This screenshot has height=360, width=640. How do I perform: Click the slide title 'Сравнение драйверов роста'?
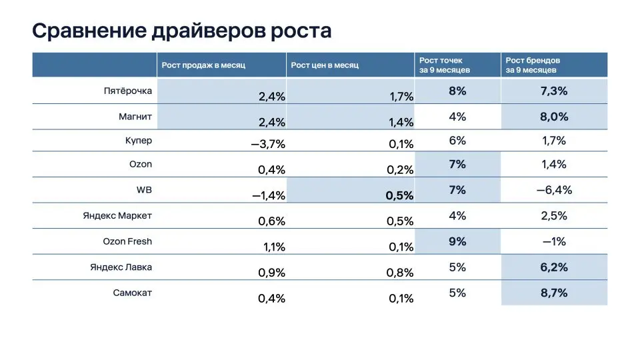tap(181, 31)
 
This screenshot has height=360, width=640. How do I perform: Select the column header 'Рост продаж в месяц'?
tap(204, 65)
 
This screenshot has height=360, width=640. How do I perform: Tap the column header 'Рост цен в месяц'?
tap(325, 65)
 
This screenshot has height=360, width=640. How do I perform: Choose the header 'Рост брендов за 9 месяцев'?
tap(533, 65)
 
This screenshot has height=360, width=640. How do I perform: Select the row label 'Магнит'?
tap(135, 117)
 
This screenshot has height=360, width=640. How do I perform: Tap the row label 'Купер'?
tap(138, 141)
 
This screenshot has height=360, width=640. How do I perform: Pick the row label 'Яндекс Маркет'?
tap(117, 216)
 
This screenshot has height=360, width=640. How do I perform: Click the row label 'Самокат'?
tap(132, 292)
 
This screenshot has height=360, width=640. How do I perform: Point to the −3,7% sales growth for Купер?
tap(268, 144)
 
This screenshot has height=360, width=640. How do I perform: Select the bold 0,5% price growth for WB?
tap(400, 195)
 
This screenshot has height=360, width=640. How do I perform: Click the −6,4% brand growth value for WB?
tap(554, 190)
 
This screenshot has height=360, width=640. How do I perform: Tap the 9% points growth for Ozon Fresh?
tap(457, 241)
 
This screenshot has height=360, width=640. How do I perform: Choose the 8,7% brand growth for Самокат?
tap(554, 293)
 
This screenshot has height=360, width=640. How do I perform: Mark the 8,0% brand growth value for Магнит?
tap(554, 117)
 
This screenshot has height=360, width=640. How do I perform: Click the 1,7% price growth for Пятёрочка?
tap(401, 97)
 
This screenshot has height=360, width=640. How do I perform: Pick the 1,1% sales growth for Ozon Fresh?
tap(272, 247)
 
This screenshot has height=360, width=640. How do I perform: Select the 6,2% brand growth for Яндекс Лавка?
tap(554, 267)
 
